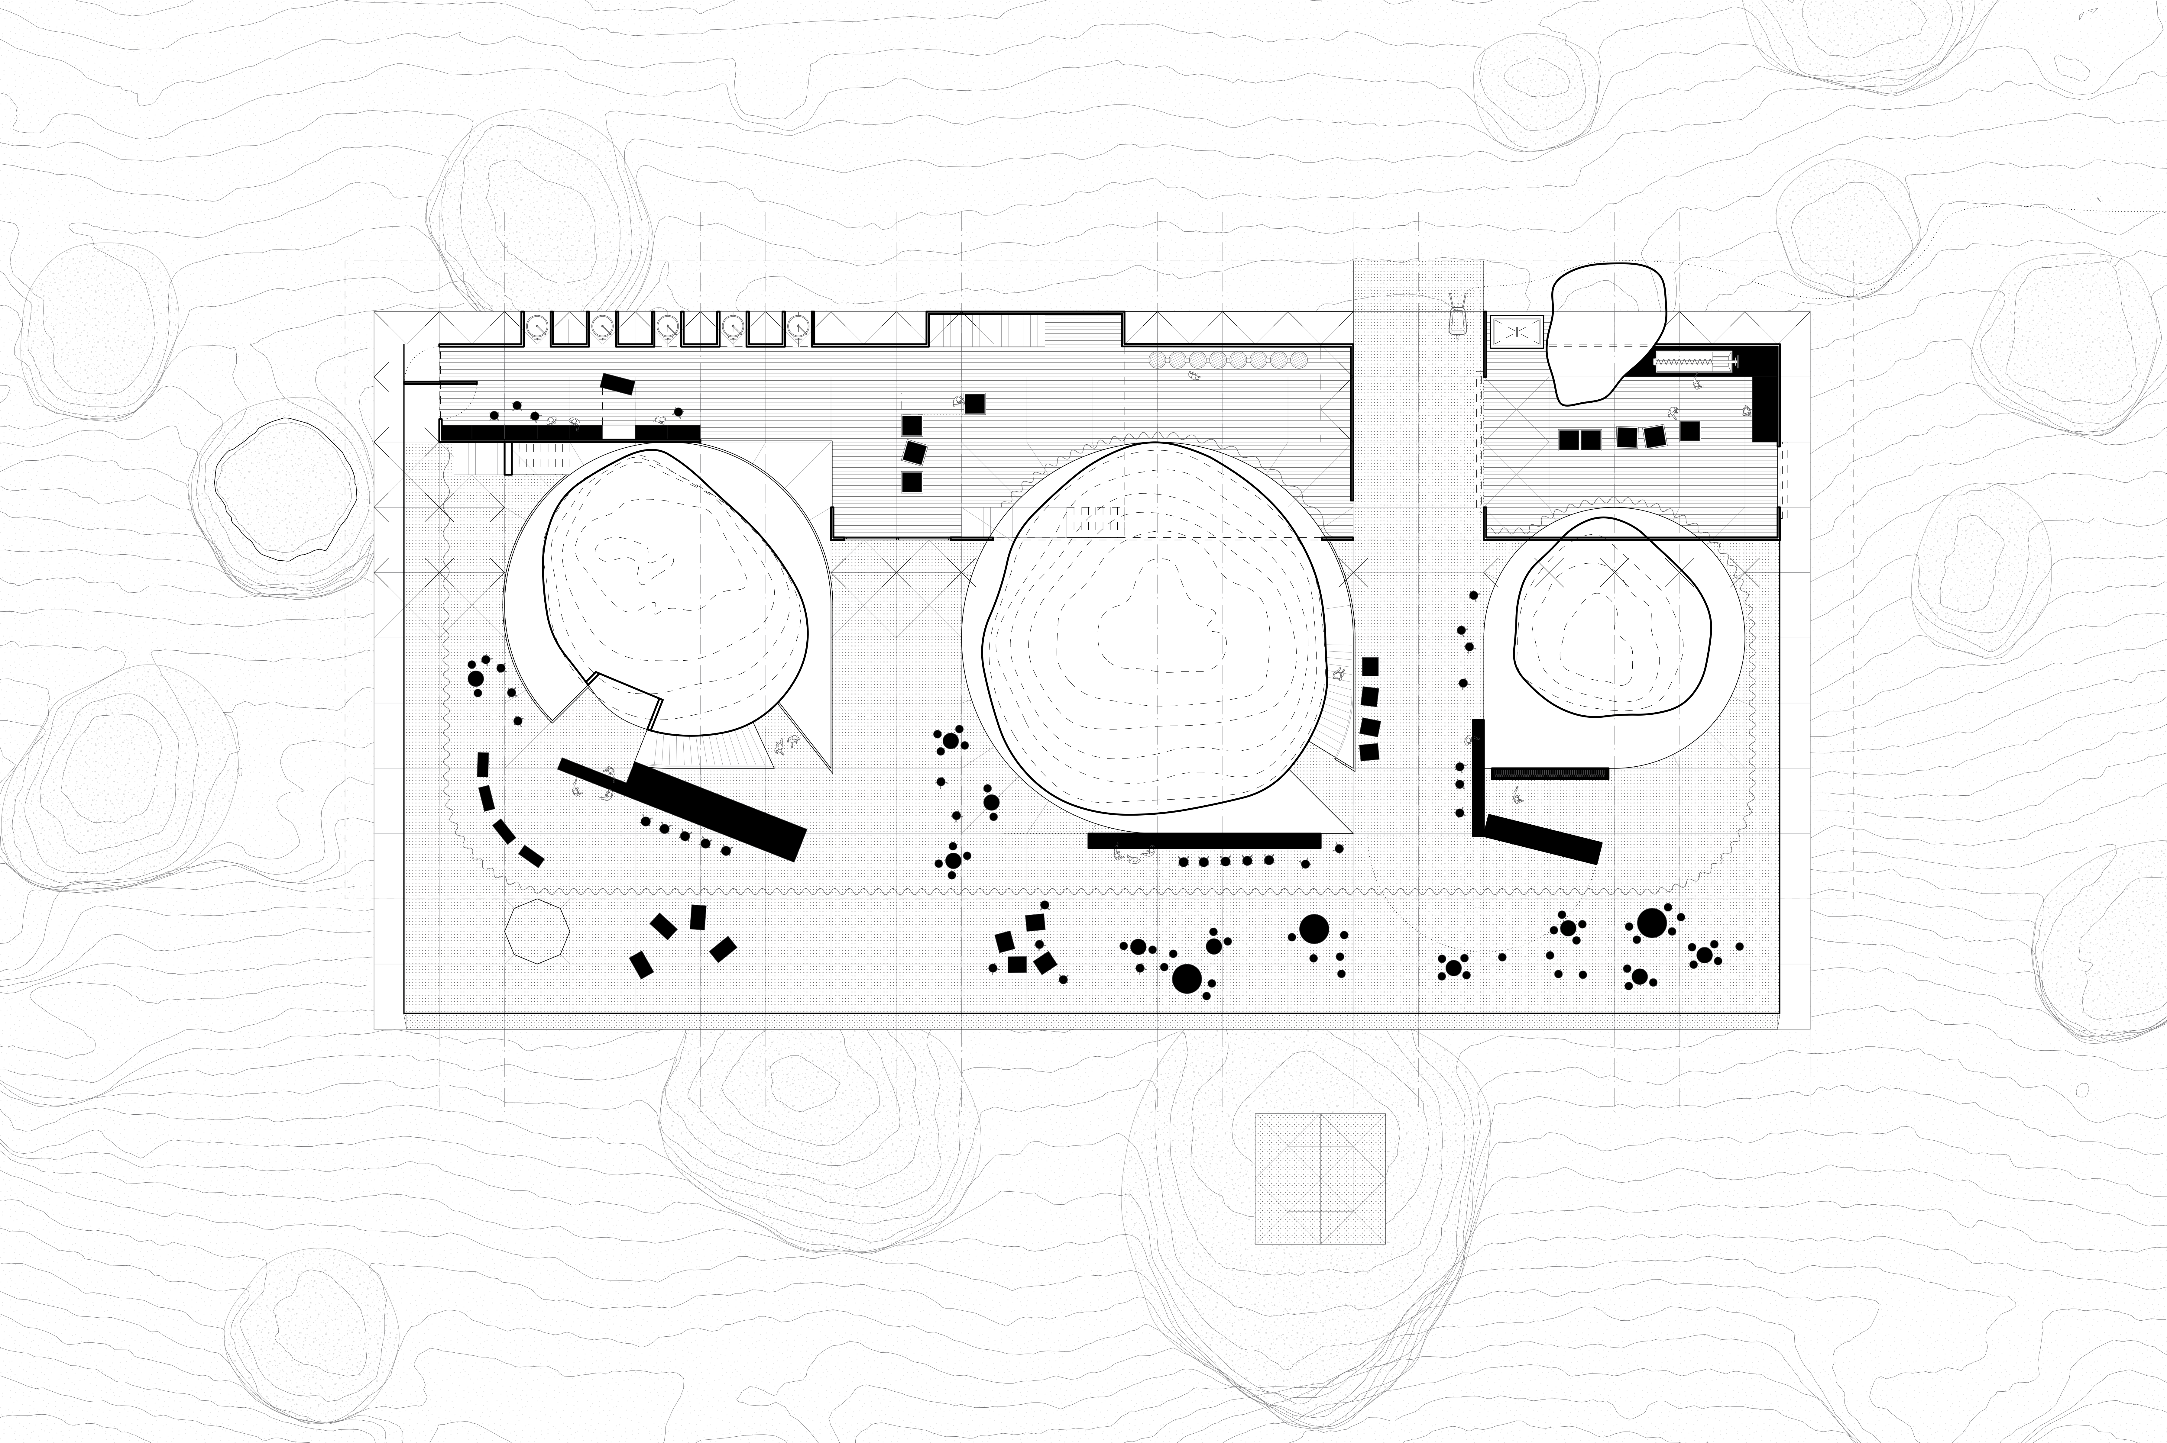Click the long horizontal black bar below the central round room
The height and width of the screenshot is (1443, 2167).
[x=1204, y=840]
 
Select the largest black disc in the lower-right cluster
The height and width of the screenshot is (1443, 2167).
[x=1652, y=922]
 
